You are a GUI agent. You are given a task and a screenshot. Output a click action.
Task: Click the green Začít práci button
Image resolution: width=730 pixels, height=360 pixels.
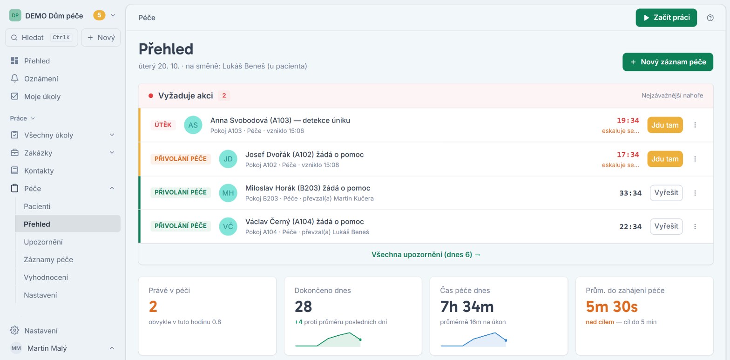pyautogui.click(x=666, y=18)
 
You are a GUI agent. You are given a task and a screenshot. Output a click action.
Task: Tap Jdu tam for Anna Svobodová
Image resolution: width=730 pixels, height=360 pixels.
pyautogui.click(x=665, y=125)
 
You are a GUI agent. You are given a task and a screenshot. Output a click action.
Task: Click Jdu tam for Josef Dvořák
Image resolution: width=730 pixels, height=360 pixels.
pyautogui.click(x=665, y=159)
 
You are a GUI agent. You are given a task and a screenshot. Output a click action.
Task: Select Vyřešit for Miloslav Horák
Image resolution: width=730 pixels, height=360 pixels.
pyautogui.click(x=666, y=193)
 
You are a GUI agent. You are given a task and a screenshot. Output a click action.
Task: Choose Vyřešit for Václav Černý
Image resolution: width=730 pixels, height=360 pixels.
pyautogui.click(x=666, y=226)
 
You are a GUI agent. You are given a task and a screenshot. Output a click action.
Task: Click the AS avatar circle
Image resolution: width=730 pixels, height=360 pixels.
pyautogui.click(x=193, y=125)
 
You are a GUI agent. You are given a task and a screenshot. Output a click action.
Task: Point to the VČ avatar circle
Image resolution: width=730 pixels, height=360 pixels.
pyautogui.click(x=228, y=226)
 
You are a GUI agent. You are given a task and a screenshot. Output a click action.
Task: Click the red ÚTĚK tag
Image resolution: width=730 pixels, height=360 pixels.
pyautogui.click(x=163, y=125)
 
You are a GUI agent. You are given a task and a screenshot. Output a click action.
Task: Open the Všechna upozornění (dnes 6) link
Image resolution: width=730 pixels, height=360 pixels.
pyautogui.click(x=426, y=254)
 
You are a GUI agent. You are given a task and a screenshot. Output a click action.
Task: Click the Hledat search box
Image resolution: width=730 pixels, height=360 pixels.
pyautogui.click(x=41, y=38)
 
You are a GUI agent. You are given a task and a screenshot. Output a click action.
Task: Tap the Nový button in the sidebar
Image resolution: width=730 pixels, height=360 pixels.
pyautogui.click(x=101, y=38)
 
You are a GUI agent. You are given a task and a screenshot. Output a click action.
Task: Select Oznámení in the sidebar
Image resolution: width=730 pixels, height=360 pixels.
pyautogui.click(x=41, y=79)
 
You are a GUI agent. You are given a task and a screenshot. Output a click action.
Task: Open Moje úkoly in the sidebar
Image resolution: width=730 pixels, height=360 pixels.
pyautogui.click(x=42, y=96)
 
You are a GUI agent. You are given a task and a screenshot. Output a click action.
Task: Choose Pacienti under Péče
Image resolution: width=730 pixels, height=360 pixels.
pyautogui.click(x=37, y=206)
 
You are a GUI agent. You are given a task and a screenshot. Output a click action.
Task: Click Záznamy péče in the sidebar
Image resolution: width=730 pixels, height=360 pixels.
pyautogui.click(x=48, y=259)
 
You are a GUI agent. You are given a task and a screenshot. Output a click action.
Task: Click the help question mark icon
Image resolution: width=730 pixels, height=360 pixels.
pyautogui.click(x=710, y=18)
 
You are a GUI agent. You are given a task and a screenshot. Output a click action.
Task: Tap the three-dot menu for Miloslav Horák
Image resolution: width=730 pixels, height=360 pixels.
pyautogui.click(x=695, y=193)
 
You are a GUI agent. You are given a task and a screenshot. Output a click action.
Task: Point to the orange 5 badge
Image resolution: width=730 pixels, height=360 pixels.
pyautogui.click(x=99, y=15)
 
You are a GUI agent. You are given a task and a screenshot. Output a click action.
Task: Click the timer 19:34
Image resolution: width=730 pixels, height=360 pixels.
pyautogui.click(x=628, y=120)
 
